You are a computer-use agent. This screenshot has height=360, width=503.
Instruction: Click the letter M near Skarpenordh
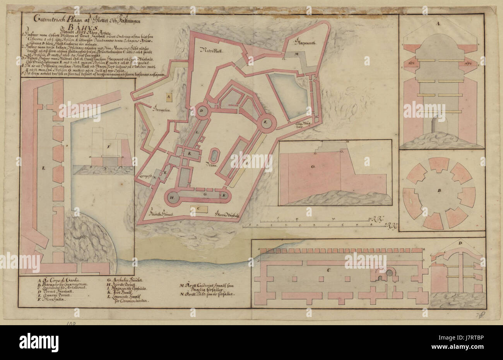pos(295,55)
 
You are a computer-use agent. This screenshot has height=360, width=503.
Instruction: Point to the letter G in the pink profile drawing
pos(312,167)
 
